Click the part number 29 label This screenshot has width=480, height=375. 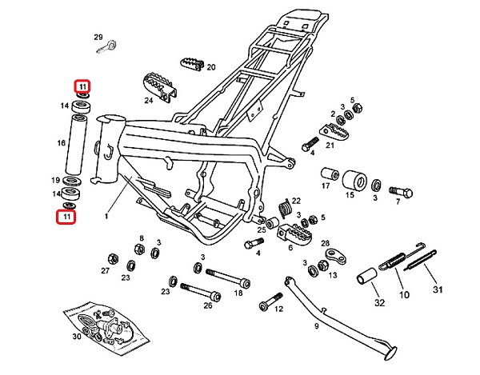coord(98,38)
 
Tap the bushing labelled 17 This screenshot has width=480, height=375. coord(326,174)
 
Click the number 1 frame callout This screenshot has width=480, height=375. coord(106,216)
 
